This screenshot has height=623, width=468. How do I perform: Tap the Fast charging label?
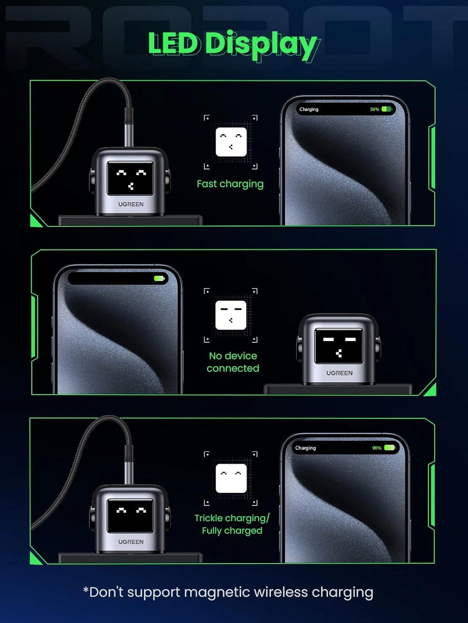click(230, 184)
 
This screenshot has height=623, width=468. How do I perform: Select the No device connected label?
click(233, 362)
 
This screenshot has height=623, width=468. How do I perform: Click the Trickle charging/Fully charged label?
click(232, 524)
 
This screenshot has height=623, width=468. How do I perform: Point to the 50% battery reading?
click(374, 109)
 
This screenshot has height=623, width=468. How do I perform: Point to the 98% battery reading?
click(377, 448)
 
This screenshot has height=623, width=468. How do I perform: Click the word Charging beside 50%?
click(309, 110)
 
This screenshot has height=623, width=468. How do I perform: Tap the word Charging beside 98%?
click(305, 448)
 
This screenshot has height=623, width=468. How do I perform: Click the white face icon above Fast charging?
click(231, 142)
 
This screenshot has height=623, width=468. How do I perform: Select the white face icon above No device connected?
click(231, 315)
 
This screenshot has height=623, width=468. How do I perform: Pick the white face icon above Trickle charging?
click(231, 478)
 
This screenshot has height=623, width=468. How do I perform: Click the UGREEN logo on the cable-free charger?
click(339, 373)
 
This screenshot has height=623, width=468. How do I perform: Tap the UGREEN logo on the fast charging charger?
click(131, 204)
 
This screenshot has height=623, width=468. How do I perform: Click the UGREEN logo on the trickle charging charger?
click(131, 542)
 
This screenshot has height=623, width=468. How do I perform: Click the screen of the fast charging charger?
click(130, 178)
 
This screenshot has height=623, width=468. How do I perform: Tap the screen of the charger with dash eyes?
click(339, 346)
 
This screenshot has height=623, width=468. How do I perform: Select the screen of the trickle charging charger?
click(130, 516)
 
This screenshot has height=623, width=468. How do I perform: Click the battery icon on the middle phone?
click(160, 278)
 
